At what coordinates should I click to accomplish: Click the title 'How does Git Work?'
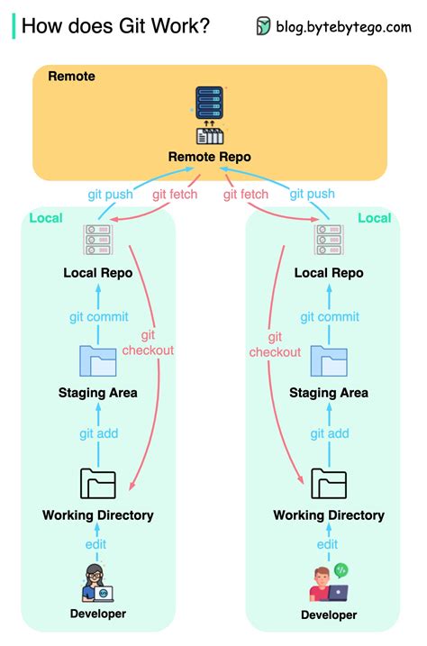click(115, 26)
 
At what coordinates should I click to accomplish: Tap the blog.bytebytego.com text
click(342, 26)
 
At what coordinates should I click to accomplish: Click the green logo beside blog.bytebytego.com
click(263, 26)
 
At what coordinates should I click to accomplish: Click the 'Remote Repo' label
click(209, 157)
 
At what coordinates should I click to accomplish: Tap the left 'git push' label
click(111, 194)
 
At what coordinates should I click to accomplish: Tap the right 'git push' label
click(312, 194)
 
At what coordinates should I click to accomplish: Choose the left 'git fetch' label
click(175, 194)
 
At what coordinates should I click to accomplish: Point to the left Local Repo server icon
click(97, 240)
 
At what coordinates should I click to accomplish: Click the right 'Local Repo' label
click(329, 273)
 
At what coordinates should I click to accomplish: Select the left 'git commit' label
click(98, 316)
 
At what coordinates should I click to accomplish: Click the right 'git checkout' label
click(274, 344)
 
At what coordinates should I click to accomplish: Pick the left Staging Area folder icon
click(97, 360)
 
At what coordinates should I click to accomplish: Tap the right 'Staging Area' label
click(329, 393)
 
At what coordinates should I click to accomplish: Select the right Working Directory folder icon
click(329, 483)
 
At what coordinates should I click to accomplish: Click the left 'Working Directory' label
click(97, 515)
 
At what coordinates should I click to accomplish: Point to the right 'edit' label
click(328, 544)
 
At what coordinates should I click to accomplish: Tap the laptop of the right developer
click(337, 593)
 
